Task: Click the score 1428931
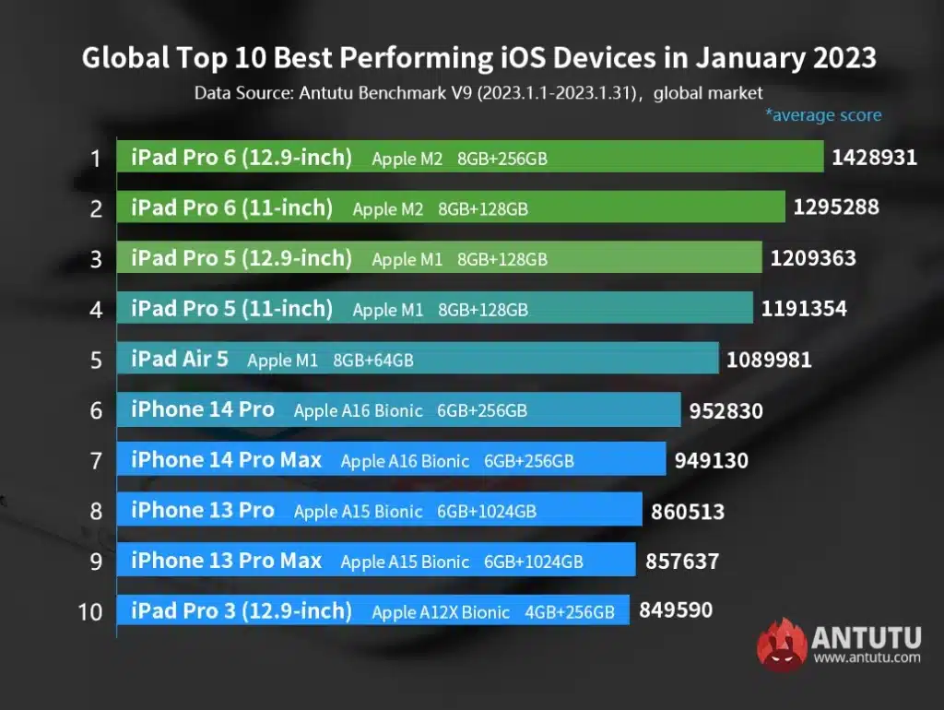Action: coord(874,157)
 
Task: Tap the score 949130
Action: coord(711,459)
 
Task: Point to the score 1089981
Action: coord(769,359)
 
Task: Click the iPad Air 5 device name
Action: coord(179,359)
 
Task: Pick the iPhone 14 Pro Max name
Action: coord(226,459)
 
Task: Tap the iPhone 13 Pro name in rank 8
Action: coord(202,510)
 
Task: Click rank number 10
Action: coord(90,611)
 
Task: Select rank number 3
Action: coord(96,259)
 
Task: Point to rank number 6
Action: coord(96,410)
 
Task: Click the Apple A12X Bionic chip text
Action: coord(440,611)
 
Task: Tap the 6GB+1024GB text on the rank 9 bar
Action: coord(533,562)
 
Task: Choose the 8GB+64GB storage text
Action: coord(372,361)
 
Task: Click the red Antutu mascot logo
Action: coord(782,644)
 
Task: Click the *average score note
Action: coord(822,115)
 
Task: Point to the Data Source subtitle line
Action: coord(478,93)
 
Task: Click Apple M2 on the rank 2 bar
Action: coord(387,209)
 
